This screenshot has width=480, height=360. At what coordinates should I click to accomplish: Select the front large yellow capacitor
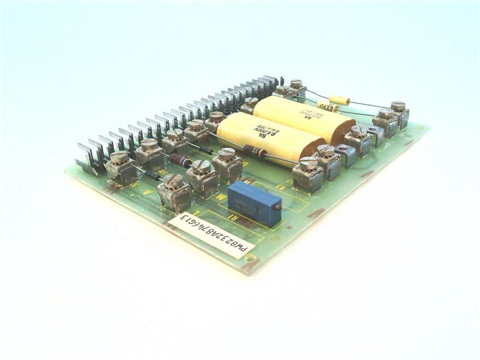point(270,142)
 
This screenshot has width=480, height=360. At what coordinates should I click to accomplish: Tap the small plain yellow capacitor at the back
point(340,100)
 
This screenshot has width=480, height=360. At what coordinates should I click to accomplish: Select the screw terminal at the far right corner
point(398,113)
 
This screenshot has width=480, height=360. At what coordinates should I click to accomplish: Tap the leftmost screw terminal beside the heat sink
point(121,166)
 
